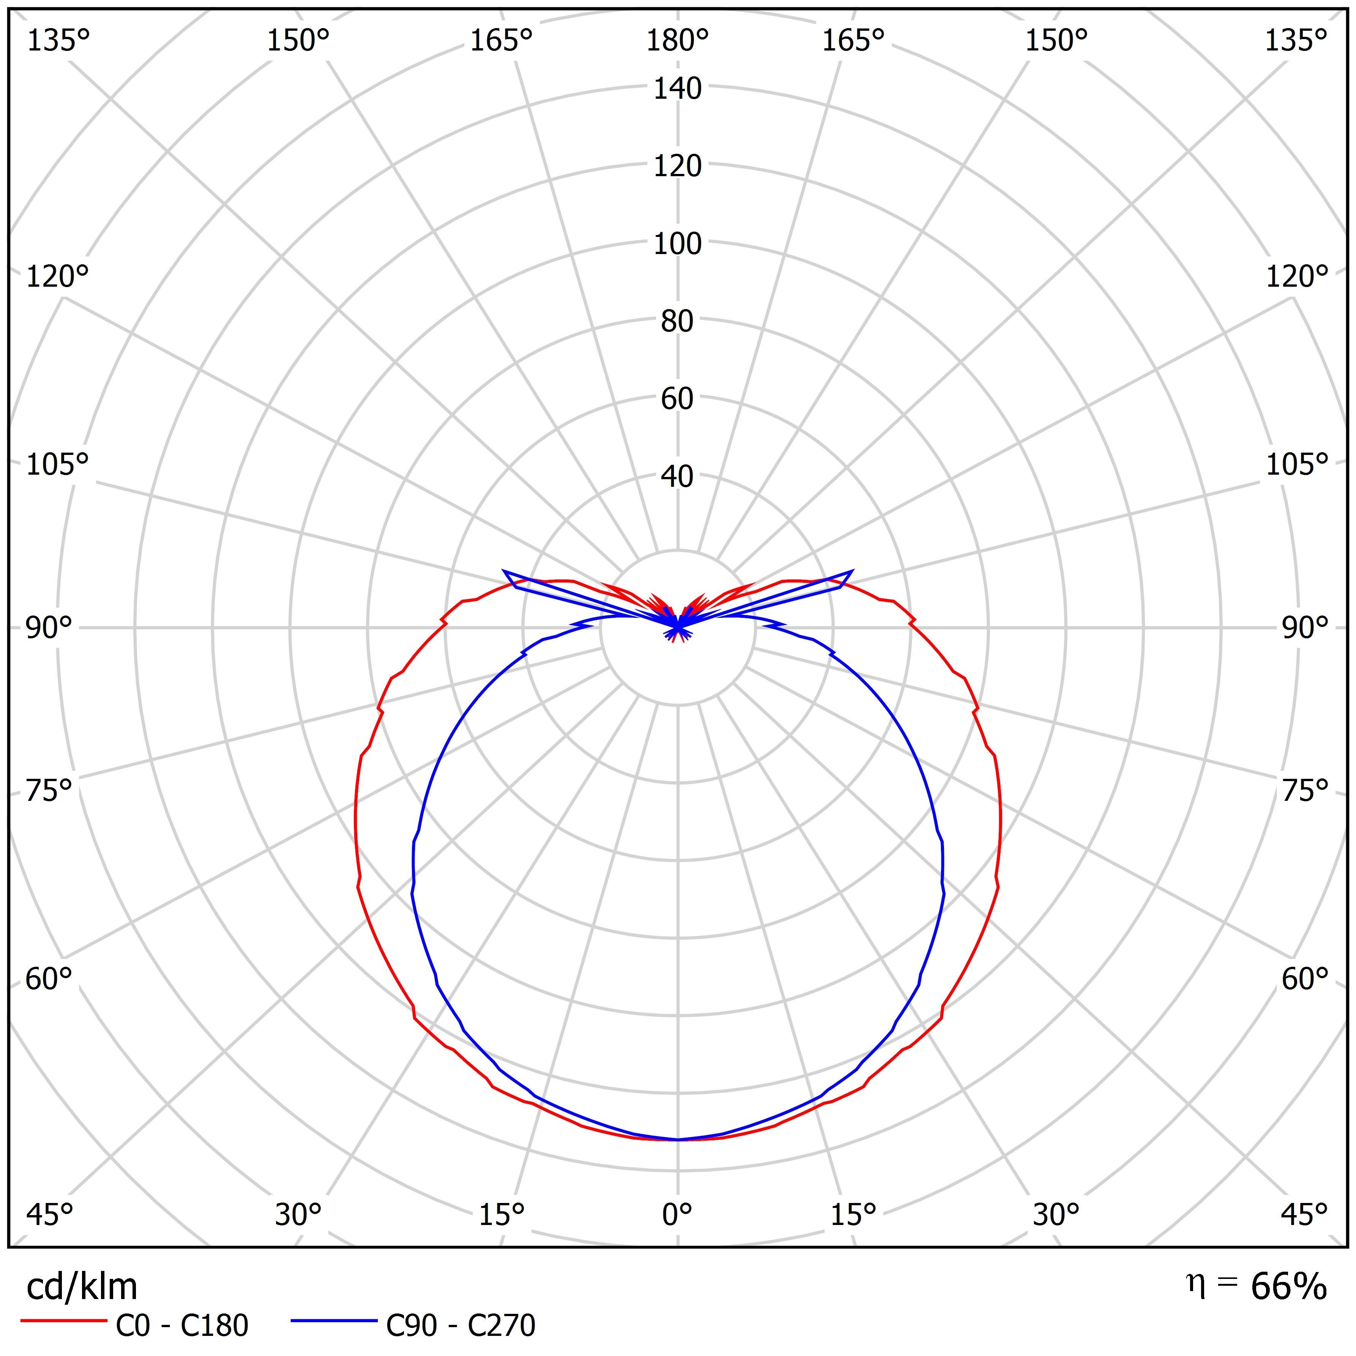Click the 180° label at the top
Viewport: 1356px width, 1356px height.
(x=677, y=41)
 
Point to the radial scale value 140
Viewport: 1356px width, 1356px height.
(x=677, y=89)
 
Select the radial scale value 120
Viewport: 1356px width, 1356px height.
(x=677, y=166)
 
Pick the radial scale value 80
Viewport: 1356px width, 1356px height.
(x=677, y=322)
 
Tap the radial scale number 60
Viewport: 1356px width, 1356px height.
(x=677, y=399)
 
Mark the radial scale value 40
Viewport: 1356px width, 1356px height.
(x=677, y=477)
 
